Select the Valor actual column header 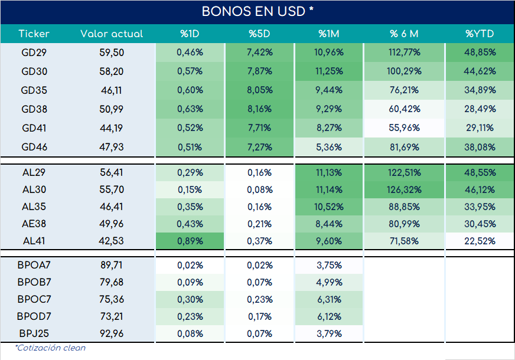pyautogui.click(x=112, y=34)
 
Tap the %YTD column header pyautogui.click(x=480, y=34)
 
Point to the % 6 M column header pyautogui.click(x=404, y=34)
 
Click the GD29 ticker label pyautogui.click(x=34, y=53)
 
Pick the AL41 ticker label pyautogui.click(x=34, y=241)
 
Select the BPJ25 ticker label pyautogui.click(x=34, y=333)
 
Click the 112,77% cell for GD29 pyautogui.click(x=404, y=53)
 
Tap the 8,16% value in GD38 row pyautogui.click(x=259, y=109)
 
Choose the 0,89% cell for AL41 pyautogui.click(x=190, y=241)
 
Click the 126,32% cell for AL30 pyautogui.click(x=404, y=189)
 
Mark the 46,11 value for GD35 pyautogui.click(x=112, y=90)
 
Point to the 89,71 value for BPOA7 pyautogui.click(x=112, y=265)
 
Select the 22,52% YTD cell pyautogui.click(x=480, y=241)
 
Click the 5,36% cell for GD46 pyautogui.click(x=329, y=147)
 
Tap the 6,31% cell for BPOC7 pyautogui.click(x=329, y=299)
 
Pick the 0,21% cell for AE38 pyautogui.click(x=259, y=224)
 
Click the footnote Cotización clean pyautogui.click(x=50, y=348)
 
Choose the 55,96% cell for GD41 pyautogui.click(x=404, y=128)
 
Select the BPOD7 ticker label pyautogui.click(x=34, y=316)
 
